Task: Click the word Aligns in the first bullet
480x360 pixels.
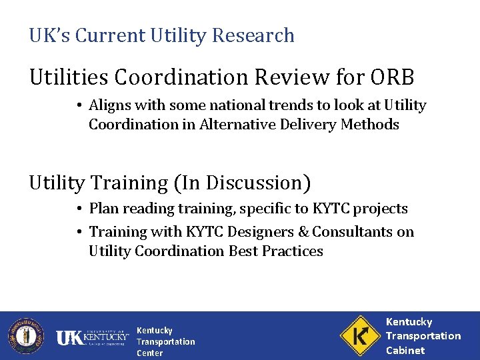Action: (x=110, y=105)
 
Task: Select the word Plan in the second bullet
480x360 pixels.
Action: (x=103, y=209)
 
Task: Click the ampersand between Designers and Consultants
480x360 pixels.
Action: (x=303, y=232)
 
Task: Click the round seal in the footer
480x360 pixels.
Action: (x=25, y=335)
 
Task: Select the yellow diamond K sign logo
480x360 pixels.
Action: (x=360, y=335)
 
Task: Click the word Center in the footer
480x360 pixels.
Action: (x=149, y=353)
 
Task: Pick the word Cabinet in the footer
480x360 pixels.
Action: (x=405, y=350)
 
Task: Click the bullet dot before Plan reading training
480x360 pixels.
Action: (x=79, y=209)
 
